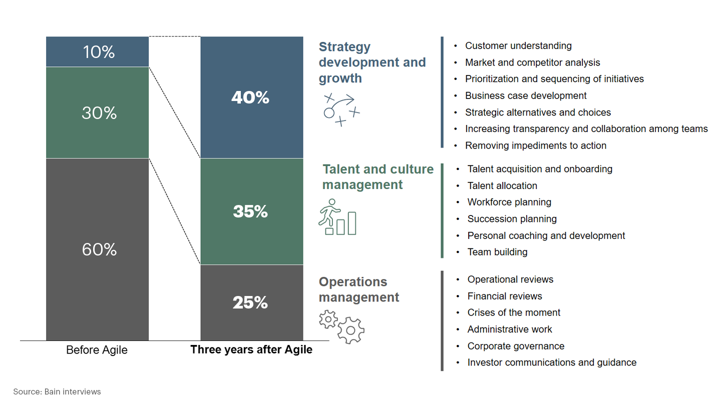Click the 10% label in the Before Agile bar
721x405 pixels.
click(x=99, y=52)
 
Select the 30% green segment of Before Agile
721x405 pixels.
click(x=99, y=113)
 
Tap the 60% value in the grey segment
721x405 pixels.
click(x=99, y=249)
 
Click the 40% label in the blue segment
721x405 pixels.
click(x=250, y=97)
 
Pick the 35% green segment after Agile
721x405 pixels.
click(x=250, y=211)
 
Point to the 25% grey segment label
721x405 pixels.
click(x=250, y=302)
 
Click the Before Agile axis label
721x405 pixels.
click(x=97, y=350)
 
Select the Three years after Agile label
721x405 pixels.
click(x=251, y=349)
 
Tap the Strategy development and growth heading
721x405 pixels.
click(x=372, y=62)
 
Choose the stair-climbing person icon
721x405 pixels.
click(x=337, y=217)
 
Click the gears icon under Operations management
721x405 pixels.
click(x=342, y=326)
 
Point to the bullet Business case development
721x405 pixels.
click(x=525, y=95)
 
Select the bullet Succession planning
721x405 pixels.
click(x=512, y=219)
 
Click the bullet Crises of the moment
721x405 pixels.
click(x=514, y=312)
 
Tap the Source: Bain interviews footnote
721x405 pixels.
click(x=57, y=391)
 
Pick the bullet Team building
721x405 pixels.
click(x=497, y=252)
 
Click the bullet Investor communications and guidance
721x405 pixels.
click(x=552, y=362)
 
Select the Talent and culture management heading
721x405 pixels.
click(x=378, y=177)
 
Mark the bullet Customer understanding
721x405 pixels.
click(x=518, y=46)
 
